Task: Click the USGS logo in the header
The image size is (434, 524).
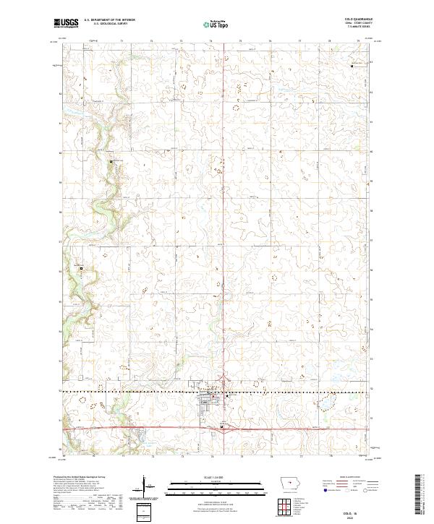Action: click(67, 23)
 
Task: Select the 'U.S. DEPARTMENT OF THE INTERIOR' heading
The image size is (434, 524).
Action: click(109, 20)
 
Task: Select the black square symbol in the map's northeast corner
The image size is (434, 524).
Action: click(352, 66)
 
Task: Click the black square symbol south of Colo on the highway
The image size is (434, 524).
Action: click(221, 427)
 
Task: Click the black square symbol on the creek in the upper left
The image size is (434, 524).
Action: click(111, 161)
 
